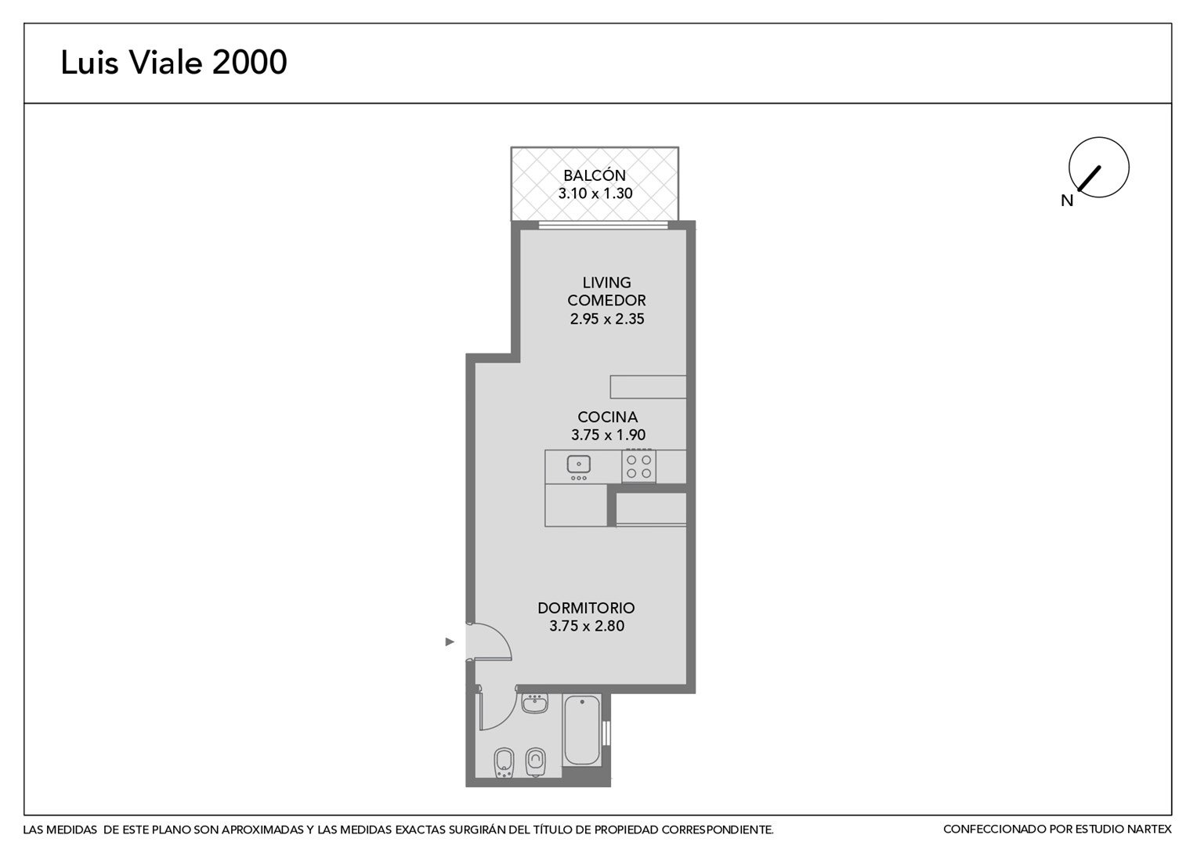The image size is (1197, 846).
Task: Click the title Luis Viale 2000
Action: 174,62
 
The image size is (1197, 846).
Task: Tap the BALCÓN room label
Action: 595,175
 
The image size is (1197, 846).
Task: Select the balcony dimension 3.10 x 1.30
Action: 595,193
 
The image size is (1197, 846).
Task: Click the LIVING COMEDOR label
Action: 606,291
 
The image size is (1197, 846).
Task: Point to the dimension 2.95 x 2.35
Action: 607,319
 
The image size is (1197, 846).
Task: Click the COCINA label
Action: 608,417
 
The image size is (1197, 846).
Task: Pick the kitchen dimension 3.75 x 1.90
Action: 608,435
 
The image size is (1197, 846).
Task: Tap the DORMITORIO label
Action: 586,608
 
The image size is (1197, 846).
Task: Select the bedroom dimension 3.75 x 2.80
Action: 587,626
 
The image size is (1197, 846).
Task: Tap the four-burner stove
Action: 638,467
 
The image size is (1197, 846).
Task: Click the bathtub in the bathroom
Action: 581,730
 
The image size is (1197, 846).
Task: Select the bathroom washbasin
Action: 534,703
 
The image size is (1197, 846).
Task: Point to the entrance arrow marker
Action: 450,642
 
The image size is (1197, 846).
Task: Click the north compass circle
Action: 1098,168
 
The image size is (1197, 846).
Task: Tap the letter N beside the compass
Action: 1067,201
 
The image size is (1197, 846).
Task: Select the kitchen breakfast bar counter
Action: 648,387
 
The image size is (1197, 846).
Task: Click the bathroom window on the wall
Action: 606,732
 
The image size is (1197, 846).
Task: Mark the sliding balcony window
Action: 602,226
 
